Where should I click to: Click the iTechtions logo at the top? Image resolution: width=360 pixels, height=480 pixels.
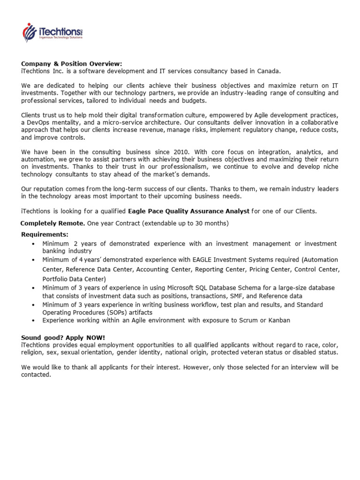click(52, 32)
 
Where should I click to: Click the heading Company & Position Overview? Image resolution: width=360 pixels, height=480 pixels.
click(71, 64)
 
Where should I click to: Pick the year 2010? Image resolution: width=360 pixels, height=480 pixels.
click(179, 152)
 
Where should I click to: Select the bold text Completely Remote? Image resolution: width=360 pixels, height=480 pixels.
click(52, 223)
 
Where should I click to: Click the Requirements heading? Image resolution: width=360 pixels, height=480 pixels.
click(45, 234)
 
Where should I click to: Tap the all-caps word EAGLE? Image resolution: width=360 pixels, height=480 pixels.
click(202, 260)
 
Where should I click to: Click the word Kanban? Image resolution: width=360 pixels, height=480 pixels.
click(278, 321)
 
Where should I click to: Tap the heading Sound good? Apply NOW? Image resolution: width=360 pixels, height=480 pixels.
click(63, 338)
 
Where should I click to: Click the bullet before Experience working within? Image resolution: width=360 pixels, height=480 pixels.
click(33, 321)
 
